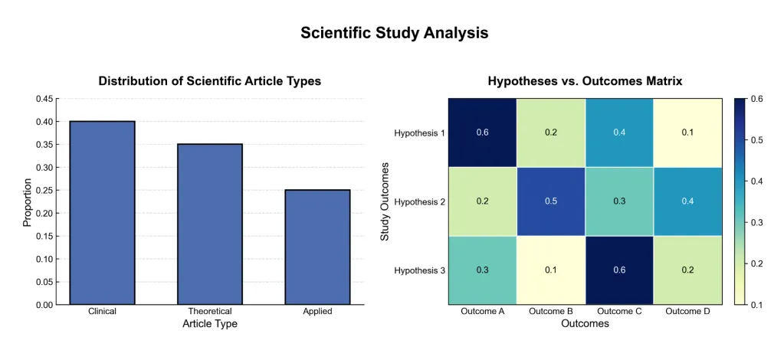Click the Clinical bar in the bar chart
102,213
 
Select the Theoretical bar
210,224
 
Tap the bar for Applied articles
317,247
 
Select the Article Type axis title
210,324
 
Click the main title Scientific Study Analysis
394,33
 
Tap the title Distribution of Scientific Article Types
210,80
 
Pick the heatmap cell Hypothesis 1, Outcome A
482,133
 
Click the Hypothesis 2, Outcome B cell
551,201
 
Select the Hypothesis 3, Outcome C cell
619,270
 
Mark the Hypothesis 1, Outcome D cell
687,133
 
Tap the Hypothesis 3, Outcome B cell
551,270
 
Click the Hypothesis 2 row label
419,201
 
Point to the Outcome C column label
619,312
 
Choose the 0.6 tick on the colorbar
756,99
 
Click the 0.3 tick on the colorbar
756,222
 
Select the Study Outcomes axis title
385,201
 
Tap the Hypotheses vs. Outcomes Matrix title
585,80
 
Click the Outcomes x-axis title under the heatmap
585,324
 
